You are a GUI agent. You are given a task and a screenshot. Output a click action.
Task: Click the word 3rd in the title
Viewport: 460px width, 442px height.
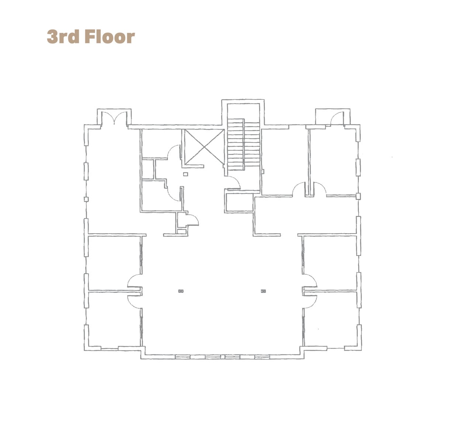63,36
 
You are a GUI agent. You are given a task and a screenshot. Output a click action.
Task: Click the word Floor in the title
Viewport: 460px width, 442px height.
110,36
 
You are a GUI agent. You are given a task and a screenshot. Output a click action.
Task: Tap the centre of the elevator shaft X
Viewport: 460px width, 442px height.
204,147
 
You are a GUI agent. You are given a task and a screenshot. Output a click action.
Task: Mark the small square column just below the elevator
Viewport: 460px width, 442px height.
186,174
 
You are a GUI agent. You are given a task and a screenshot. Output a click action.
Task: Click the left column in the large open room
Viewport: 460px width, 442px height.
181,291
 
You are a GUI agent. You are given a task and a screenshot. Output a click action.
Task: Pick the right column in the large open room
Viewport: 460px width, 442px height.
263,291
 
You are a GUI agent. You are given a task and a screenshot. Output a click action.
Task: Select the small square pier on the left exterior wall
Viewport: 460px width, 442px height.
86,199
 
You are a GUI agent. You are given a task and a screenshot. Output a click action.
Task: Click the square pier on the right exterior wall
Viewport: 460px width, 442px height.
359,196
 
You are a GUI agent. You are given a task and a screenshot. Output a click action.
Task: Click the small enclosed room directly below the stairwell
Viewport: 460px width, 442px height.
239,203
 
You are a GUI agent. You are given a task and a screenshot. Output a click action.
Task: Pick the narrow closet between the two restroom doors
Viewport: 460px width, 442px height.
148,169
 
